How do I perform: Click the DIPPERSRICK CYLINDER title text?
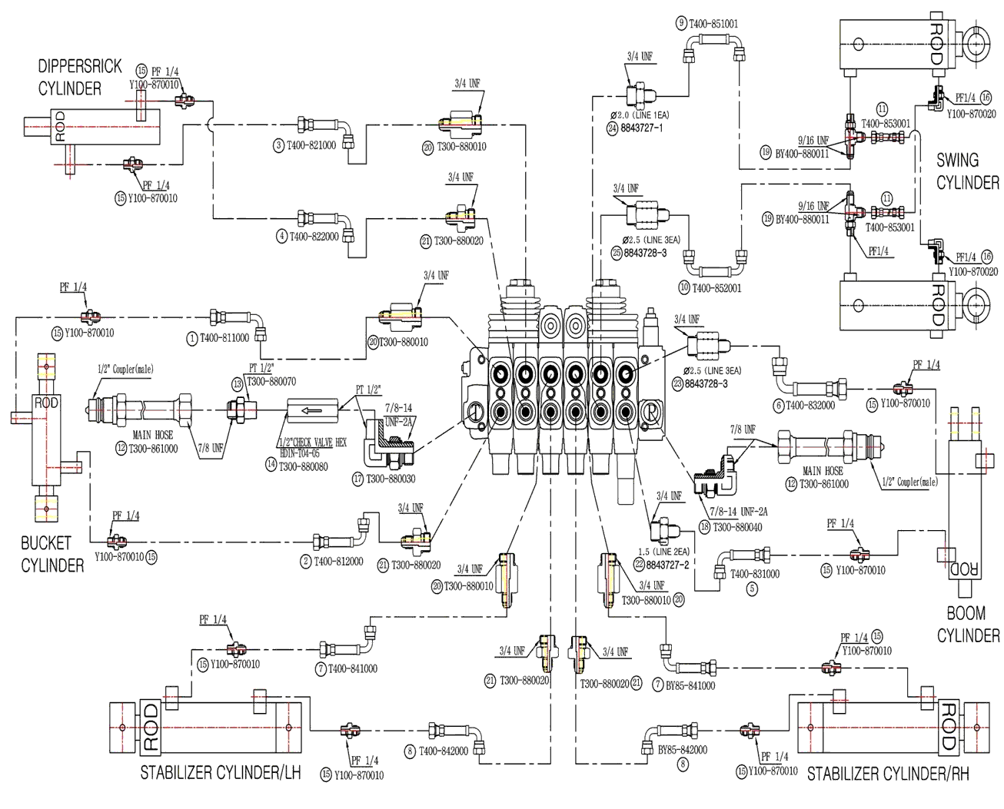coord(80,77)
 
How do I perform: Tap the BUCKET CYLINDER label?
coord(52,554)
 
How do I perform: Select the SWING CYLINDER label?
coord(966,171)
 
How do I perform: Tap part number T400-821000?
coord(311,145)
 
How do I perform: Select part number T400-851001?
coord(713,23)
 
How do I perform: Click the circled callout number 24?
coord(613,128)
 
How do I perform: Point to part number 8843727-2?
coord(667,564)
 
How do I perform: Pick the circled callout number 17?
coord(357,479)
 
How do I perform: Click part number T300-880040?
coord(737,527)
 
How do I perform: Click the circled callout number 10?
coord(683,288)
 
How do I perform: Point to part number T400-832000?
coord(809,406)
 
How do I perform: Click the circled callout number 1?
coord(191,337)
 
